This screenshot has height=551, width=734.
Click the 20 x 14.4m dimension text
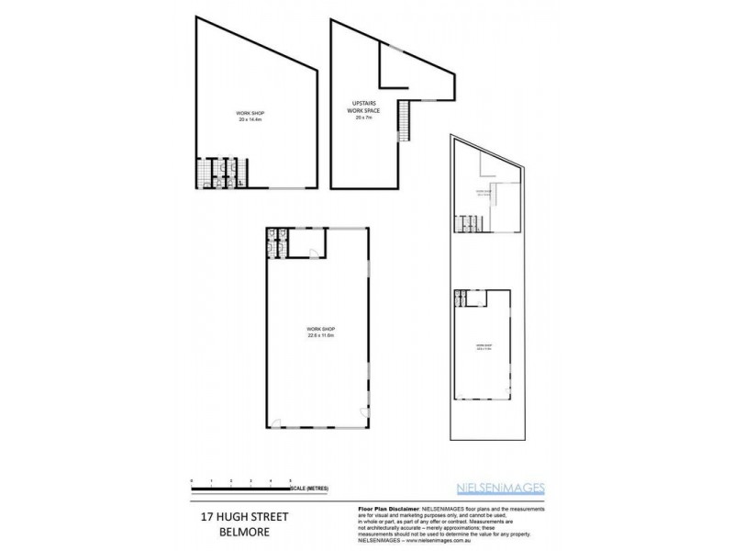(x=250, y=120)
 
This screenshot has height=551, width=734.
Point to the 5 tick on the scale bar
(x=291, y=481)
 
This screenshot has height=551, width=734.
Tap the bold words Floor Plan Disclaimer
(x=385, y=507)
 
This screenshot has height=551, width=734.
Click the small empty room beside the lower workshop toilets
(x=310, y=242)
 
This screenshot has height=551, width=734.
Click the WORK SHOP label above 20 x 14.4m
(x=250, y=114)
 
